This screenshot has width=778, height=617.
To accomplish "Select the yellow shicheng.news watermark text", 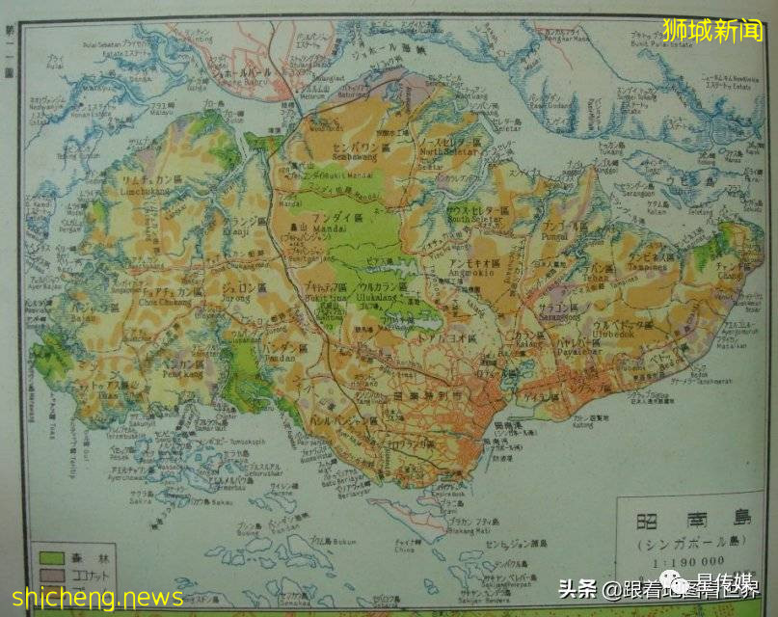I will tap(86, 598).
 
